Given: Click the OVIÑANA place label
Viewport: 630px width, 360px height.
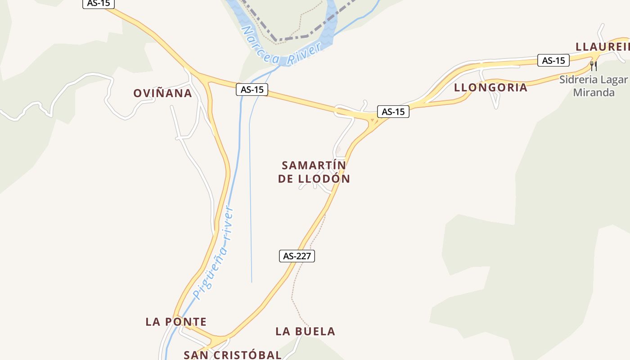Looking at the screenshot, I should (162, 94).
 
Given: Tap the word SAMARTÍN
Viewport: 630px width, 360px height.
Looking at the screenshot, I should (314, 166).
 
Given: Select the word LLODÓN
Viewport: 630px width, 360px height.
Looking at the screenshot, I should (324, 179).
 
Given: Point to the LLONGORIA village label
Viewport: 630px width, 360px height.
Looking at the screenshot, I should (490, 88).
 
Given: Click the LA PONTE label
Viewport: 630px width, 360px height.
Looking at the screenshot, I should (176, 322).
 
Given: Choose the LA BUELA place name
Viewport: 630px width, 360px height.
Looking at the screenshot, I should (305, 332).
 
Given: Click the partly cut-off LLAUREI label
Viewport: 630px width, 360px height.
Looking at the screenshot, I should (602, 47).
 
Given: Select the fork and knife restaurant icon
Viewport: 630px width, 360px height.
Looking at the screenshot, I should (594, 66).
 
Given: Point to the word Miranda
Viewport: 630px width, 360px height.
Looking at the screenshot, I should (594, 93).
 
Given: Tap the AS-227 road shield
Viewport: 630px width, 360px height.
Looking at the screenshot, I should (297, 256).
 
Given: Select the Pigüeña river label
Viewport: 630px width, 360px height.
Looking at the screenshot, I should (213, 252).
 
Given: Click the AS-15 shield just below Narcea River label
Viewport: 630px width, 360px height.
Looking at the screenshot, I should (252, 90).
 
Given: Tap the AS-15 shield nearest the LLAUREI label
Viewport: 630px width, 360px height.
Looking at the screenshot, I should (553, 60).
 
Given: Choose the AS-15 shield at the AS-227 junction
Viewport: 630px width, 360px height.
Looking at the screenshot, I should (393, 112).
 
